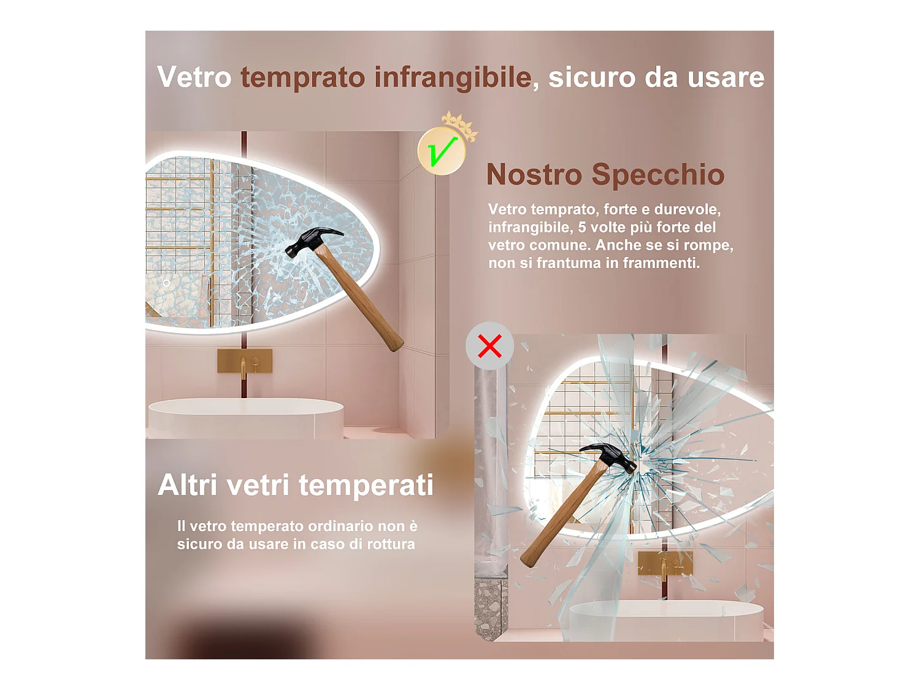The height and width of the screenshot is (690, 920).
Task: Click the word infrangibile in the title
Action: click(453, 78)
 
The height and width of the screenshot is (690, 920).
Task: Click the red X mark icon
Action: click(489, 346)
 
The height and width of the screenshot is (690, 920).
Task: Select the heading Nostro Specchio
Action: click(605, 175)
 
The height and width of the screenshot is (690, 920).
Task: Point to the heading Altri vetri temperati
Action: click(296, 485)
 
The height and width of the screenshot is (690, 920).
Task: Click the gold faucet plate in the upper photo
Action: click(245, 361)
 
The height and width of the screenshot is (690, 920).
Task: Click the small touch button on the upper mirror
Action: click(166, 283)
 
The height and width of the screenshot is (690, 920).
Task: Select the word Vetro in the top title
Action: click(194, 78)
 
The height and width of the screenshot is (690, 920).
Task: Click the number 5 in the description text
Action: click(581, 228)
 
